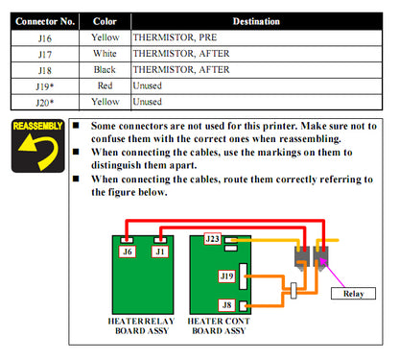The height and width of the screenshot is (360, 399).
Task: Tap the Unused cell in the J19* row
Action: point(148,85)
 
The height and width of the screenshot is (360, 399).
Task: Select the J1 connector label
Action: point(160,252)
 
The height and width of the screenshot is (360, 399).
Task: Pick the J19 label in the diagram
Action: point(226,276)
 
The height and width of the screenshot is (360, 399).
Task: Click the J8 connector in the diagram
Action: point(226,306)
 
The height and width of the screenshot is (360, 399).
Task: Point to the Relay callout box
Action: point(352,293)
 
